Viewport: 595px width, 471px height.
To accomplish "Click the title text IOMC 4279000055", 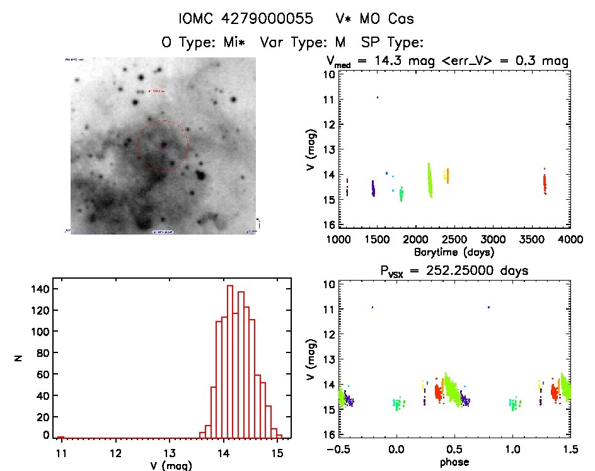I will (246, 19).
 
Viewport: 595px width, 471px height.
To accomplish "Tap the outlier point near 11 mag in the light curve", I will (378, 97).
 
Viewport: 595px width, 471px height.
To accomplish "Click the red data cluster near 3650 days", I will (545, 183).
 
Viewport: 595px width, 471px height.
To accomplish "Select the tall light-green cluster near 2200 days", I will (430, 180).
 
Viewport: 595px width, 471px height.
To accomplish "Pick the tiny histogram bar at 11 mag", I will (61, 437).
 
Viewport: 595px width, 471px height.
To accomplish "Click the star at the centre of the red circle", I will (163, 144).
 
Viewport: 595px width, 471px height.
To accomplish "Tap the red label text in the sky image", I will (156, 91).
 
